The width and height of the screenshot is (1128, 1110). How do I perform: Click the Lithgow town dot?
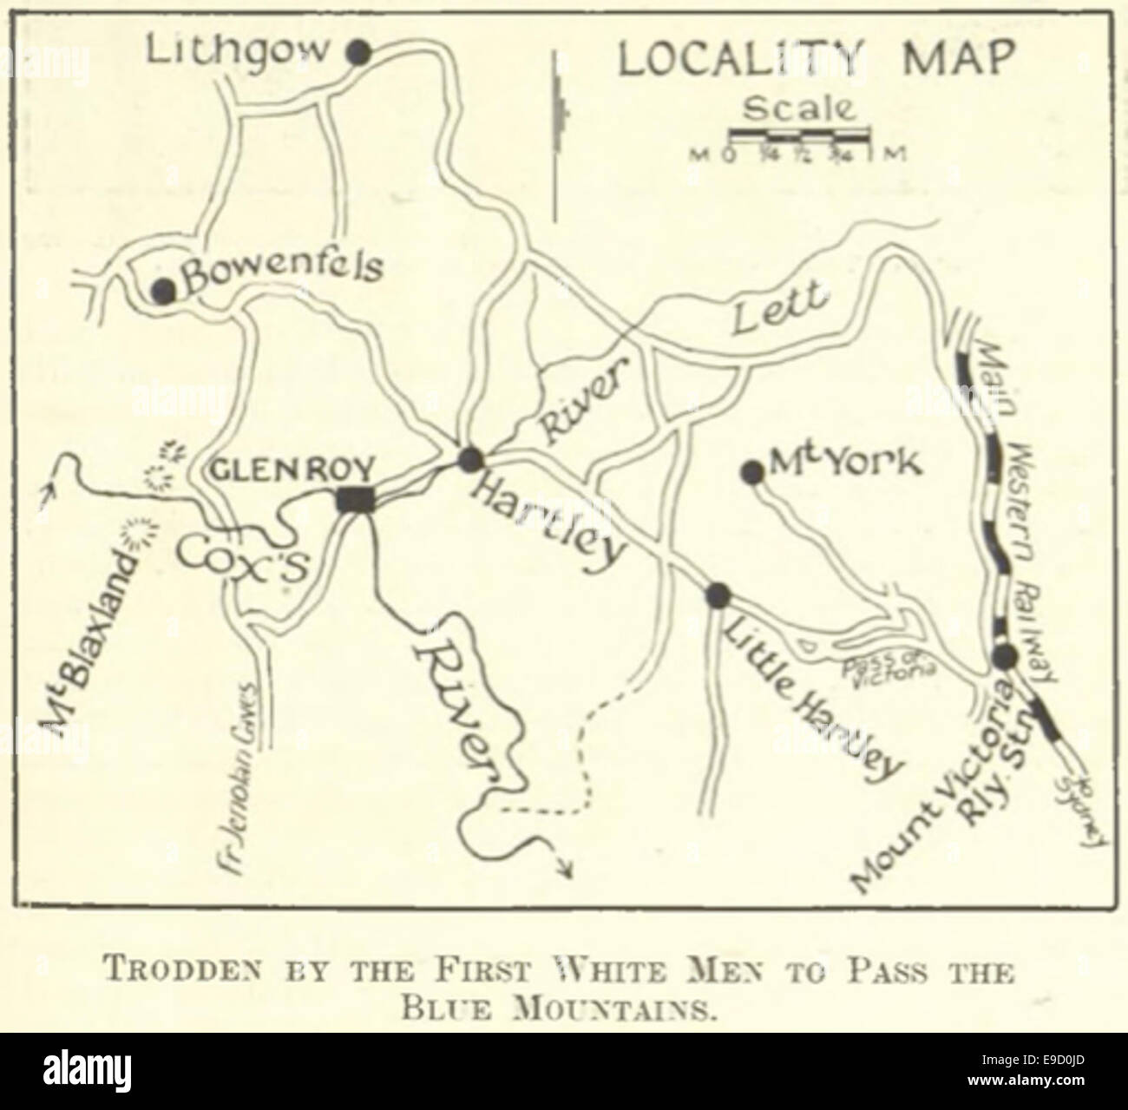(358, 52)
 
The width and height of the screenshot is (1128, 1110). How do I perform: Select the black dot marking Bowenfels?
(163, 291)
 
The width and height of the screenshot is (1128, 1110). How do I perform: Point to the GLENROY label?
(293, 470)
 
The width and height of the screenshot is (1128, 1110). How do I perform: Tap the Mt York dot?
(752, 471)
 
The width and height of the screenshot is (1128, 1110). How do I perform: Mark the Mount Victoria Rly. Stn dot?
(1005, 655)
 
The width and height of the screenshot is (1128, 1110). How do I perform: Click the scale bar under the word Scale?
(798, 135)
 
